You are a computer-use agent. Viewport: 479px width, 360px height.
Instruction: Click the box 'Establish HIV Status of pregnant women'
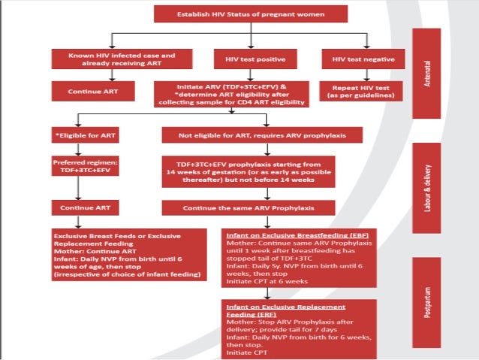(251, 14)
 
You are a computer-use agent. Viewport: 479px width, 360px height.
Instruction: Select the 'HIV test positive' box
(250, 58)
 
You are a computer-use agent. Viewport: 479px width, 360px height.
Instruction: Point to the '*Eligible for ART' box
(83, 135)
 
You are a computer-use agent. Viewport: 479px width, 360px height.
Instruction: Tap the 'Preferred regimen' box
(83, 167)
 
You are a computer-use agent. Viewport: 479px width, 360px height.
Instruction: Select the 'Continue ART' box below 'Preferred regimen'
(83, 206)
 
